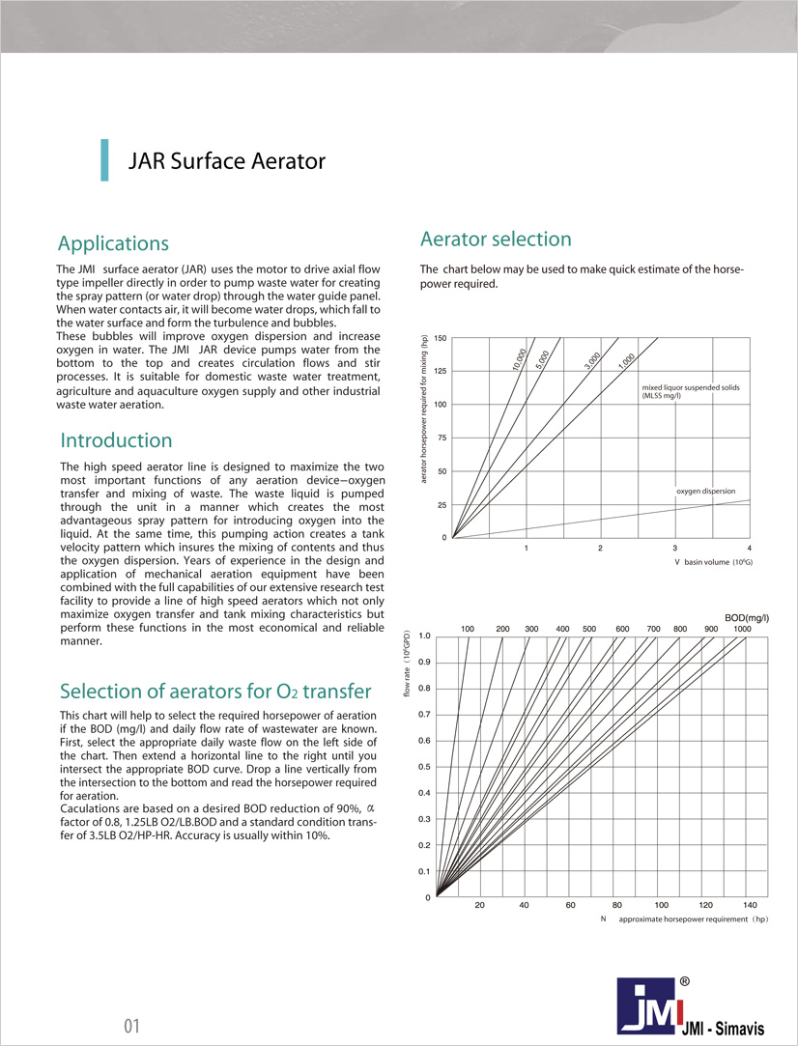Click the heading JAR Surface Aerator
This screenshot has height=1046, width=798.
tap(227, 161)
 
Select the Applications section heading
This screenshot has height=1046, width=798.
tap(113, 243)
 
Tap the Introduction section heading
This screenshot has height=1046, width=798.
tap(116, 440)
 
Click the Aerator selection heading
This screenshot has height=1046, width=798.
tap(496, 239)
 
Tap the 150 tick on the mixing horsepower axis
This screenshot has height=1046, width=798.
tap(441, 338)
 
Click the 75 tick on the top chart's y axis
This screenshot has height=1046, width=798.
tap(442, 438)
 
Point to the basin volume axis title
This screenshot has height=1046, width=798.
tap(713, 562)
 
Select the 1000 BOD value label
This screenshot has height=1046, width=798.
tap(742, 629)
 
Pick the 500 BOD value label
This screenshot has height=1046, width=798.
tap(589, 629)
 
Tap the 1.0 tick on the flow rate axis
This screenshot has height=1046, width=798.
tap(425, 636)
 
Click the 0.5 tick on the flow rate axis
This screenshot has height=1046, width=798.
tap(425, 767)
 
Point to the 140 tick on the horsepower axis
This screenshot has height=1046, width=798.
tap(751, 905)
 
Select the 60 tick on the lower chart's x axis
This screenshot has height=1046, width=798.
tap(571, 905)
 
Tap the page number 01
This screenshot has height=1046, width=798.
tap(132, 1026)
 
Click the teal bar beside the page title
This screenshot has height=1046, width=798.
tap(103, 160)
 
